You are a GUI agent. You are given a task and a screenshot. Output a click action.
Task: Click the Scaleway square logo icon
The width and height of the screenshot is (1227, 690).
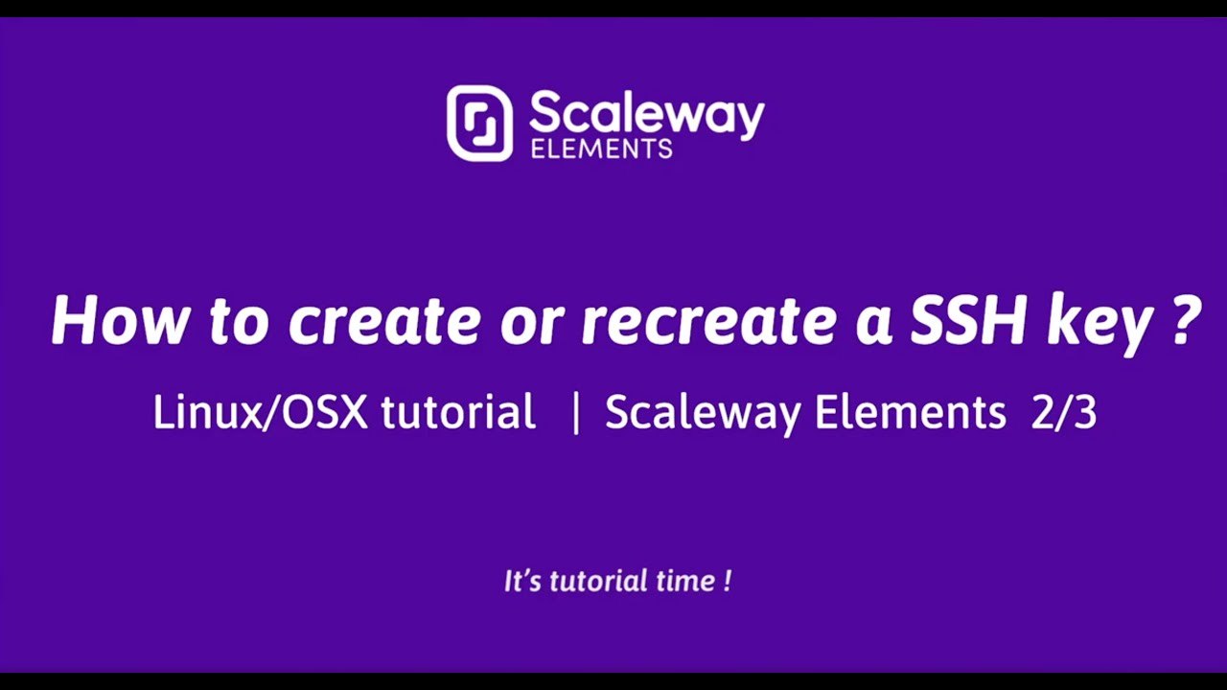pyautogui.click(x=479, y=123)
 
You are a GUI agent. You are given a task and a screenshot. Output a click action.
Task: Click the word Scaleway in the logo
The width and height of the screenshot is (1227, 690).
pyautogui.click(x=646, y=115)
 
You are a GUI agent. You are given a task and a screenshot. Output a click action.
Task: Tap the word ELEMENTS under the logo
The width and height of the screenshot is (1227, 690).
pyautogui.click(x=600, y=149)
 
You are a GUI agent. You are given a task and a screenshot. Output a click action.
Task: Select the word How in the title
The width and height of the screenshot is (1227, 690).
pyautogui.click(x=117, y=319)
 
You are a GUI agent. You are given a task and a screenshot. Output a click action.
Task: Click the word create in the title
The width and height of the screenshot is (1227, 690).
pyautogui.click(x=383, y=321)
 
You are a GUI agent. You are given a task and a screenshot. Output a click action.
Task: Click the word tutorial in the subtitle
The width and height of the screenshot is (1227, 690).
pyautogui.click(x=458, y=413)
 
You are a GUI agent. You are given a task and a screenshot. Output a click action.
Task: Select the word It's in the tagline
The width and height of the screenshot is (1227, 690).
pyautogui.click(x=523, y=581)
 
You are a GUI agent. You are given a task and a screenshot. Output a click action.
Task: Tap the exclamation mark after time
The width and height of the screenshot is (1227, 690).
pyautogui.click(x=729, y=581)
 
